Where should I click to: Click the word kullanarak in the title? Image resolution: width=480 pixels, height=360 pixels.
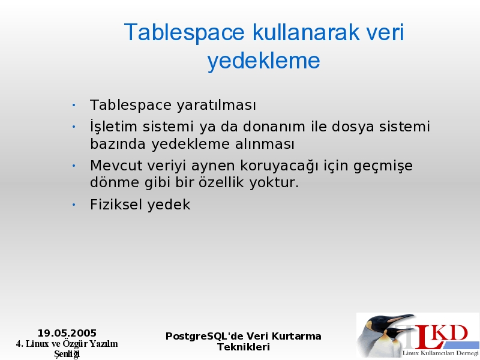pos(306,32)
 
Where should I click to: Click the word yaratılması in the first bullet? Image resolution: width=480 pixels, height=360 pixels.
pos(216,106)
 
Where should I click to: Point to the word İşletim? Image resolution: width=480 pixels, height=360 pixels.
pos(113,125)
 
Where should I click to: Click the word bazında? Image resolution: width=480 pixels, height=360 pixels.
pos(118,144)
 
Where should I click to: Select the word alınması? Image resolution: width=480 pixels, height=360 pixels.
pos(265,144)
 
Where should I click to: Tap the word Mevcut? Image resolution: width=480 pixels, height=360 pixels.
pos(116,166)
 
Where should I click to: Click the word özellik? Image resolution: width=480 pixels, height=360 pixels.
pos(222,182)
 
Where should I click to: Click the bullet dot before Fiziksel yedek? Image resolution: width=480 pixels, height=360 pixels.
pos(74,205)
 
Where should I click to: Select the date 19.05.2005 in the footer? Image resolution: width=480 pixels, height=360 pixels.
pos(67,333)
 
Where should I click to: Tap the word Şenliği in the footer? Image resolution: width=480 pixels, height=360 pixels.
pos(67,354)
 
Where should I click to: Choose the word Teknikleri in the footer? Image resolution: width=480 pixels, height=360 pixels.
pos(244,347)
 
